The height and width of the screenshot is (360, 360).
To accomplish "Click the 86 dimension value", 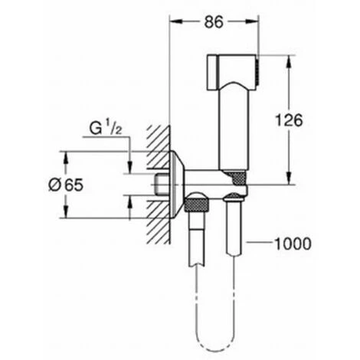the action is click(214, 22).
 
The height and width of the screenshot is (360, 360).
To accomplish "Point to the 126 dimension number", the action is click(289, 120).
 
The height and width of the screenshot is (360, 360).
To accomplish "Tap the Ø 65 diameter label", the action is click(66, 185).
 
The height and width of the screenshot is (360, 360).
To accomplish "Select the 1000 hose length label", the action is click(293, 244).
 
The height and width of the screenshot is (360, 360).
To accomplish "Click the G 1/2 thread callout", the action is click(106, 129).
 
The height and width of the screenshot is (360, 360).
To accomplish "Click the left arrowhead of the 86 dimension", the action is click(175, 22).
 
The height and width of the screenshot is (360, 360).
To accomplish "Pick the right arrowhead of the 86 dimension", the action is click(254, 22).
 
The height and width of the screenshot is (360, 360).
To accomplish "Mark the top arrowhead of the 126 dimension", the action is click(289, 61).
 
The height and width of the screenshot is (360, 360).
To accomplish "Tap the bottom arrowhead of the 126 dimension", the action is click(289, 178).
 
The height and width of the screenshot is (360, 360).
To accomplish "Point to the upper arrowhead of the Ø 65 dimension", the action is click(66, 158).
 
